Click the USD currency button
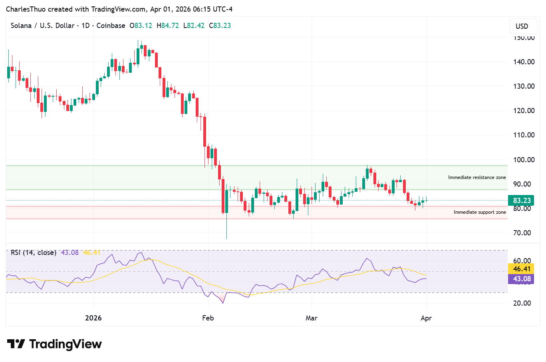click(x=522, y=26)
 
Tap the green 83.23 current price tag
click(x=522, y=201)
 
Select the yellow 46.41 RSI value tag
click(x=522, y=269)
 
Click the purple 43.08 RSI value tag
click(x=522, y=279)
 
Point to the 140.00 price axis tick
click(x=524, y=62)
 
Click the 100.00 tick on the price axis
click(x=524, y=160)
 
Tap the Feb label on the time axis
click(x=208, y=318)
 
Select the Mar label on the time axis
click(x=312, y=318)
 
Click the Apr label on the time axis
click(x=426, y=318)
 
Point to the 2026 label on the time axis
click(x=93, y=318)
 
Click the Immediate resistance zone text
click(x=477, y=177)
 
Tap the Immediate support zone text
click(x=480, y=212)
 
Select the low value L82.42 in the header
click(x=194, y=26)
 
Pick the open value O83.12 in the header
click(x=141, y=26)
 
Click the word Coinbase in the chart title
click(x=111, y=26)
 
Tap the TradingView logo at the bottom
click(x=55, y=344)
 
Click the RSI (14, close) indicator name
click(x=34, y=253)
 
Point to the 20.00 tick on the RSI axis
click(x=522, y=303)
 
